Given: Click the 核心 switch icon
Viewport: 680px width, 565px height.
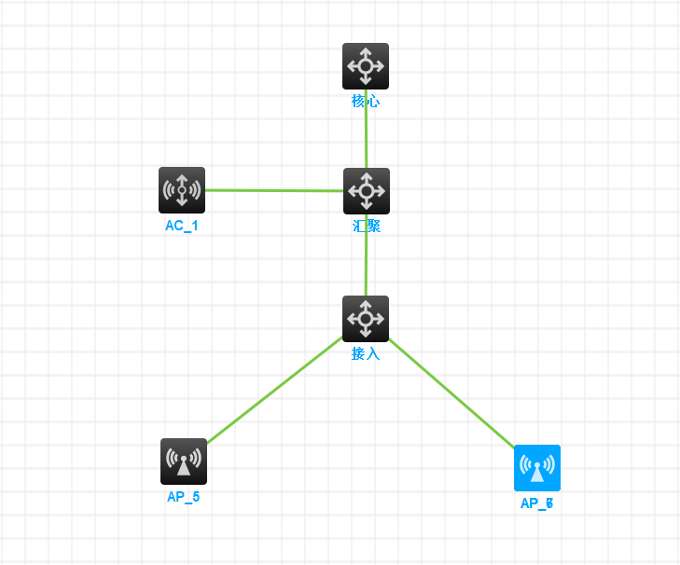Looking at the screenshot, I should tap(366, 66).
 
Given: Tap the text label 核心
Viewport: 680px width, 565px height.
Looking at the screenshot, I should tap(366, 102).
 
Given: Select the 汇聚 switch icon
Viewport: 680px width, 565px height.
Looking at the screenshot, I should tap(366, 191).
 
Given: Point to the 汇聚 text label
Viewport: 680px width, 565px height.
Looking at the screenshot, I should tap(366, 227).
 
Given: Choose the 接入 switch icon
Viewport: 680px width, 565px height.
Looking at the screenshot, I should tap(366, 319).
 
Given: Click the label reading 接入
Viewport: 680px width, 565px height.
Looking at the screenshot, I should tap(366, 354).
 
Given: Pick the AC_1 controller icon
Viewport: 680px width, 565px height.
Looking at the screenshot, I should tap(182, 190).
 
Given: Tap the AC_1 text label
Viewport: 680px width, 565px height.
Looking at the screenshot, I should tap(182, 226).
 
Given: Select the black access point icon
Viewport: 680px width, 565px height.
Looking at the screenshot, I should tap(183, 462).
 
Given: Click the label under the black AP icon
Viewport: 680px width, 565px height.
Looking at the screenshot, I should tap(183, 497).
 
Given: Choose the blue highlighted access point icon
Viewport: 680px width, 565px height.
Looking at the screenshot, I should tap(537, 468).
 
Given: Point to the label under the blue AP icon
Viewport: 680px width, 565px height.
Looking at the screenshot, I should tap(537, 503).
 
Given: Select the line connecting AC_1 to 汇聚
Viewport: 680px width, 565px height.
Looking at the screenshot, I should tap(273, 190).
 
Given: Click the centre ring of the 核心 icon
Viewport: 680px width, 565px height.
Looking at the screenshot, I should tap(366, 66).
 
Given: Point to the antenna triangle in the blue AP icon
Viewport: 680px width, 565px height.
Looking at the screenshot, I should tap(537, 473).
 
